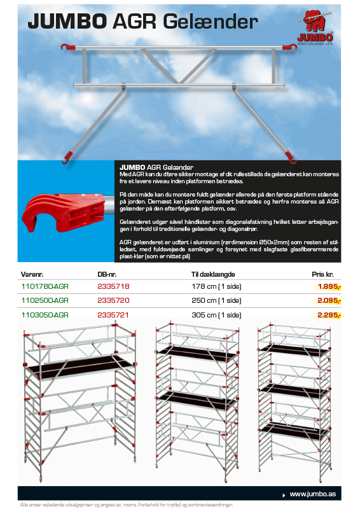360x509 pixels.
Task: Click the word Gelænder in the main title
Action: click(211, 22)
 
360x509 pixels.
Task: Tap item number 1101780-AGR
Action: click(45, 286)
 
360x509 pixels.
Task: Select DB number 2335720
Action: click(113, 300)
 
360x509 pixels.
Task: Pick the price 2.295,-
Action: click(329, 315)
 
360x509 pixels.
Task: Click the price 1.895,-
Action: click(329, 287)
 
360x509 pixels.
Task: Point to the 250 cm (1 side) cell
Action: click(216, 300)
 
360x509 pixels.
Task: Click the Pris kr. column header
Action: click(322, 274)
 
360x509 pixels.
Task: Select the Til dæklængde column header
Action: click(213, 274)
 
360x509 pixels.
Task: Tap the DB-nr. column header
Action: click(107, 274)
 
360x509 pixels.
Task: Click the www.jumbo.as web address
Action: click(312, 494)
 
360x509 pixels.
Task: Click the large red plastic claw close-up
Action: click(64, 212)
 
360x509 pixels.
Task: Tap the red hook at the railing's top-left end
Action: click(68, 47)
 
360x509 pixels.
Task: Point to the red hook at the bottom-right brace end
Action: click(291, 157)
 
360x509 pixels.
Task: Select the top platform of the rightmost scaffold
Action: click(294, 351)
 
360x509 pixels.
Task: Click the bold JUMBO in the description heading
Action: click(132, 167)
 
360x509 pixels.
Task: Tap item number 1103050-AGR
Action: click(45, 315)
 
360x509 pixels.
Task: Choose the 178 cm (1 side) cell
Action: click(216, 287)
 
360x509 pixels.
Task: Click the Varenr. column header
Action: click(32, 274)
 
